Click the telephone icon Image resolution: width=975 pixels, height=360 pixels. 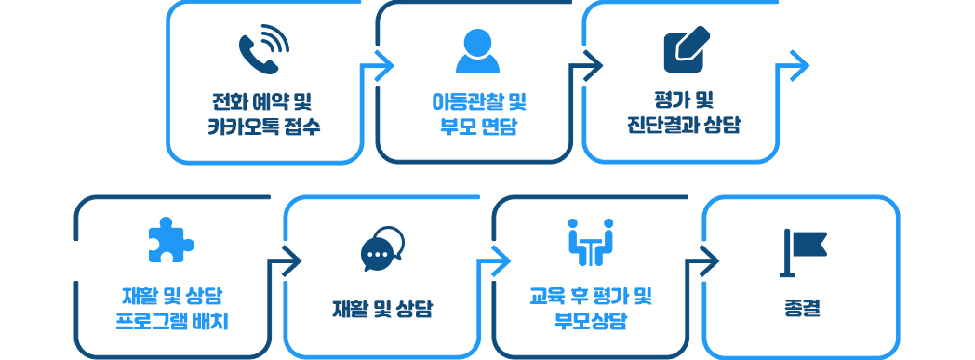click(x=264, y=49)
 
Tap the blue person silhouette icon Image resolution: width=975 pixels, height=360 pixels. click(x=477, y=50)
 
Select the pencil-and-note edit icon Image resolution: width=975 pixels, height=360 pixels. click(x=687, y=49)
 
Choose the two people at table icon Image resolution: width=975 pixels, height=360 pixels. click(x=591, y=242)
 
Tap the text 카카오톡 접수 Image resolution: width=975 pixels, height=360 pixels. click(x=264, y=127)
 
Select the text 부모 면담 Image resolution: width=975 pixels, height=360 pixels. click(x=478, y=127)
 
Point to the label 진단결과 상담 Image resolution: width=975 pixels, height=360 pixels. click(x=684, y=127)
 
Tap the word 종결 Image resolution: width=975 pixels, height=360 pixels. click(x=802, y=309)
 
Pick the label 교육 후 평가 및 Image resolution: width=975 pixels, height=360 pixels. click(x=591, y=295)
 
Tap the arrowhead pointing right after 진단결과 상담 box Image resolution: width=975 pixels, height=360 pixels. click(x=800, y=65)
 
